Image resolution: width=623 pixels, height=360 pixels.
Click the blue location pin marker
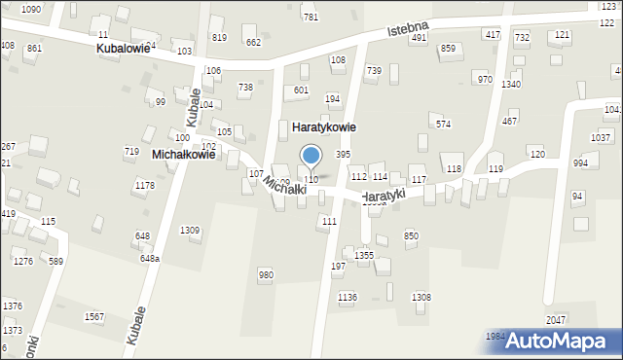(311, 156)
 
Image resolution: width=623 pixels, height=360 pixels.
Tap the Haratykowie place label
(324, 126)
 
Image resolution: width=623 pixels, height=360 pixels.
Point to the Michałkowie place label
(183, 154)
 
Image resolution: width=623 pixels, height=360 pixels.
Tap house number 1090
(31, 9)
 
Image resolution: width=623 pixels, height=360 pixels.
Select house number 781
(311, 18)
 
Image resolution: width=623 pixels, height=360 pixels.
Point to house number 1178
(144, 185)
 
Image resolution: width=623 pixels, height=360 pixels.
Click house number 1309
(190, 230)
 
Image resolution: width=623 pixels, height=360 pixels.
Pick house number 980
(266, 275)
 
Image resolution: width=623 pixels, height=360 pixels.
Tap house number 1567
(94, 317)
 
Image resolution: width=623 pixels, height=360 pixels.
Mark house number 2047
(556, 319)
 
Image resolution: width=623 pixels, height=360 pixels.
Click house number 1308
(421, 297)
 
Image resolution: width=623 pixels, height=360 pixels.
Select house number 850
(411, 235)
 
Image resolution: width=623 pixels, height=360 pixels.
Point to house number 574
(443, 124)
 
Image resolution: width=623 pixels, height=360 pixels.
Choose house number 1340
(511, 84)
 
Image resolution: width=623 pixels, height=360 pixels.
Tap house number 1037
(600, 137)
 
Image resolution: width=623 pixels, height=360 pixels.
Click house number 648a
(149, 258)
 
